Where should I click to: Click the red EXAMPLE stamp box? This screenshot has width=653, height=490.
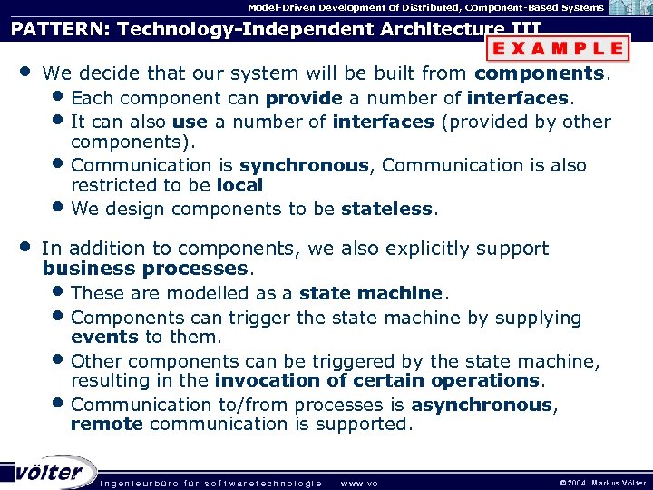[557, 48]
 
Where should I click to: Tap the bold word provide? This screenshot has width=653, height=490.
[304, 98]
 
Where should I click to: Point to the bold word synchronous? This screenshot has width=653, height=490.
[304, 165]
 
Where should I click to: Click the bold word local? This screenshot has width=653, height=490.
[239, 185]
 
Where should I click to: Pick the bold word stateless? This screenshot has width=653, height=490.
[387, 209]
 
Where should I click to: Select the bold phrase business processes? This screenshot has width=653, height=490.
[145, 269]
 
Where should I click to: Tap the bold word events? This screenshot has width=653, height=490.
[104, 337]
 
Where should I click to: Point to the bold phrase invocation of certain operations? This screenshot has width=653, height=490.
[377, 380]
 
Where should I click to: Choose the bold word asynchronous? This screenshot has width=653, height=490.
[481, 405]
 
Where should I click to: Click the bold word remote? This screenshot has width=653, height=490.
[106, 424]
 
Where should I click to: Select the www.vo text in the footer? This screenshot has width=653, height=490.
[358, 483]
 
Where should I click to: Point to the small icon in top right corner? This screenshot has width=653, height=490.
[629, 8]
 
